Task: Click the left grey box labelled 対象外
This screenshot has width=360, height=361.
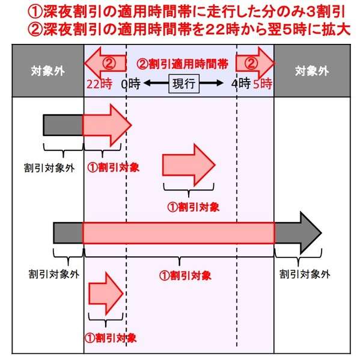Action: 48,70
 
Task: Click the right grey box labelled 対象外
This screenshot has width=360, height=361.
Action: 312,70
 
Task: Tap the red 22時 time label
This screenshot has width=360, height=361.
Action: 99,84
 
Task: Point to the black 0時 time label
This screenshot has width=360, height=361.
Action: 130,84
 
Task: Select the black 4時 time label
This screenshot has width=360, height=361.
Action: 241,84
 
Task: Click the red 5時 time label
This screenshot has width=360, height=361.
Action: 263,84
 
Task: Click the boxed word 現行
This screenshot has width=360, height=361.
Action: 184,84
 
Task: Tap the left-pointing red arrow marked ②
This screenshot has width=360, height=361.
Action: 105,63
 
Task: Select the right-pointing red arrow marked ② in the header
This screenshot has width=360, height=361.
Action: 255,63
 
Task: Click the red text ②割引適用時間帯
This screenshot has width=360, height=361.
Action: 182,64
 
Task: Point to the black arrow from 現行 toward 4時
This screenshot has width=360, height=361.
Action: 211,83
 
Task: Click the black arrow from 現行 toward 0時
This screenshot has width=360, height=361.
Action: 156,83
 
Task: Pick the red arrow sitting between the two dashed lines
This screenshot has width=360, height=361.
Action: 189,165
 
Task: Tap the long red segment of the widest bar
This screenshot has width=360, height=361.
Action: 178,233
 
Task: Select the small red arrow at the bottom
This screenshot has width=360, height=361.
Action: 106,294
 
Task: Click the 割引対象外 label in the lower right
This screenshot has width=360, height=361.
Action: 305,274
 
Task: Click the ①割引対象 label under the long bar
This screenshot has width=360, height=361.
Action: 185,276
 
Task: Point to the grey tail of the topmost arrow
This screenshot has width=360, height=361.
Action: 63,125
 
